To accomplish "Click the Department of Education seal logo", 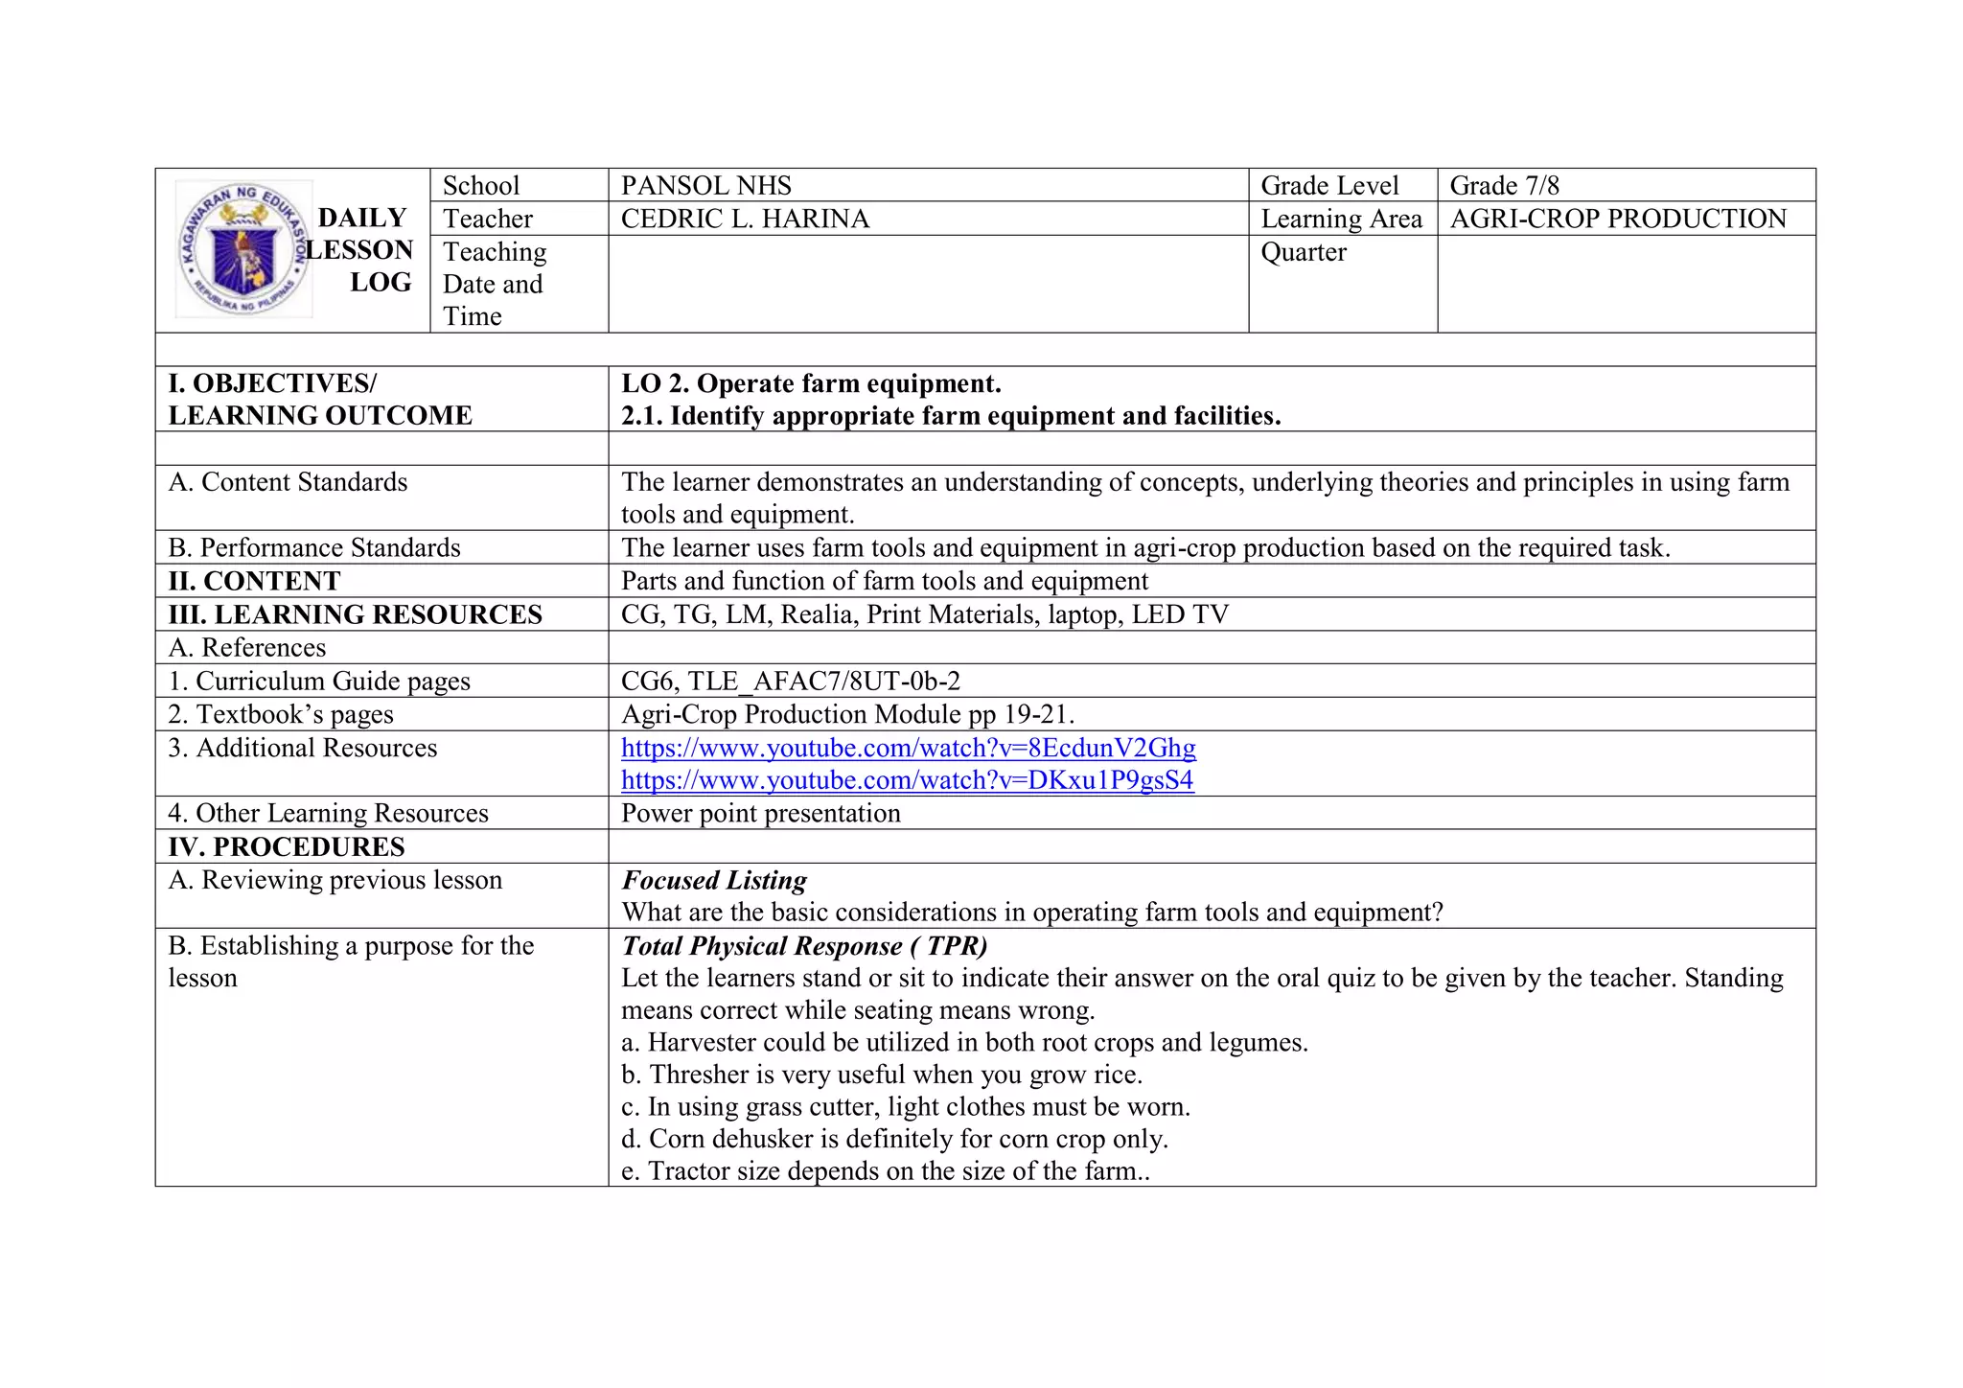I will (x=243, y=249).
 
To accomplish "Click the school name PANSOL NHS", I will (x=706, y=186).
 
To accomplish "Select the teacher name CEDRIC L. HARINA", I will (x=745, y=220).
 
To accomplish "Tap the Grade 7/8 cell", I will (x=1504, y=186).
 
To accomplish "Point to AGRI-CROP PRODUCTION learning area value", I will (x=1618, y=220).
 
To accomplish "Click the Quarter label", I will (x=1304, y=253).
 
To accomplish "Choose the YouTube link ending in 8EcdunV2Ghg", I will (x=908, y=748).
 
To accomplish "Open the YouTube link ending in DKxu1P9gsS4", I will (x=907, y=780).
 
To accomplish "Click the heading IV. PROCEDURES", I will (x=287, y=847).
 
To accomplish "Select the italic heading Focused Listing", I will (x=714, y=880).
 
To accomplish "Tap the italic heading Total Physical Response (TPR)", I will (x=804, y=946).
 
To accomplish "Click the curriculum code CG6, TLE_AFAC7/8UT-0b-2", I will (x=791, y=682).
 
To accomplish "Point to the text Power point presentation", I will (x=761, y=814).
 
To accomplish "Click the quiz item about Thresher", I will (x=882, y=1075).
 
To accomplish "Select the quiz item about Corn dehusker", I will (x=894, y=1139).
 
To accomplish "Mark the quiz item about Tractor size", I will (x=886, y=1171).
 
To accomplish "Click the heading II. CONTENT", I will (x=254, y=581).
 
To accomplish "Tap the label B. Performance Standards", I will (x=314, y=548).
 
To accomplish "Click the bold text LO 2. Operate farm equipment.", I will (x=811, y=384).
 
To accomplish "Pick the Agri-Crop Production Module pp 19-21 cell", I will (x=848, y=714).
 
